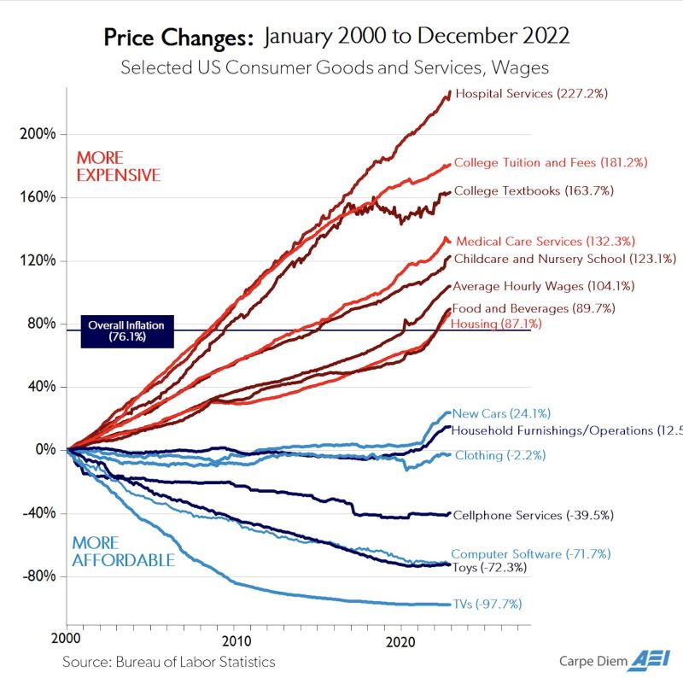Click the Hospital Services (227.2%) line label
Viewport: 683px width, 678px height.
(x=531, y=93)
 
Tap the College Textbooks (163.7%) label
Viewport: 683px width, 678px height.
(x=534, y=190)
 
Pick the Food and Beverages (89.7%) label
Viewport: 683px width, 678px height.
(x=533, y=308)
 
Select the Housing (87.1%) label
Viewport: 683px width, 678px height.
(x=495, y=324)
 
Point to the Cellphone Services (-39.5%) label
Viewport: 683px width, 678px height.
(x=532, y=515)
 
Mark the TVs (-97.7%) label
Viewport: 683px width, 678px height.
(x=487, y=605)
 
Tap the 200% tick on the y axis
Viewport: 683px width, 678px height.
(x=38, y=134)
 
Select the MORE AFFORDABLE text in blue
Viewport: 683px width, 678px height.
(x=123, y=552)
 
